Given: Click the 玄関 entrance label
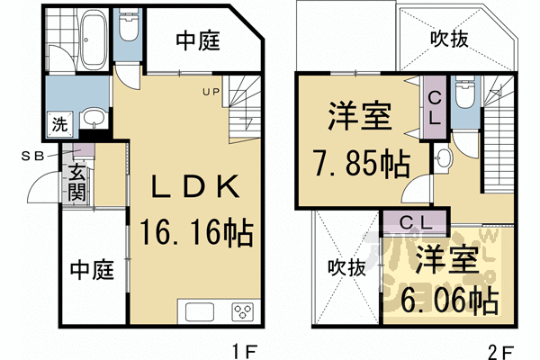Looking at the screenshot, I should (x=76, y=181).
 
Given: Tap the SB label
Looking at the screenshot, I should (x=33, y=154).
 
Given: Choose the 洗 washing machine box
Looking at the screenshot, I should (x=58, y=125).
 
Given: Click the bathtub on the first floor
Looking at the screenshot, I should (x=94, y=42).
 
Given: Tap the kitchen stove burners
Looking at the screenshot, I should (x=242, y=313).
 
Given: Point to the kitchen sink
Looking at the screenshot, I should (x=199, y=313).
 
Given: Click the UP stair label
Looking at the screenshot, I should (x=210, y=90).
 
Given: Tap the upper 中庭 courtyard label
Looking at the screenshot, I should (x=199, y=41).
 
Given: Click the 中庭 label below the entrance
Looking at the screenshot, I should (x=92, y=268).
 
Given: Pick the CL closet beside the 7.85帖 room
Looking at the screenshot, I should (x=433, y=108).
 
